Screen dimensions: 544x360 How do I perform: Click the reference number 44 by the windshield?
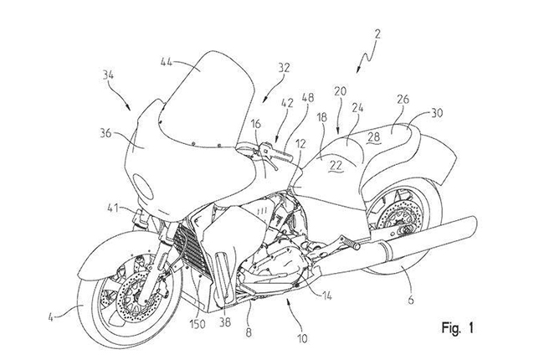(x=167, y=63)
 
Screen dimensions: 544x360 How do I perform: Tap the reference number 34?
(x=110, y=75)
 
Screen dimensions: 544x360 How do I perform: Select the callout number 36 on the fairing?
(x=105, y=133)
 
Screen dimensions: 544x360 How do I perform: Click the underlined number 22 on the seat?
(x=336, y=165)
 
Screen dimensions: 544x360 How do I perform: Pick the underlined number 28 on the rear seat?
(x=374, y=136)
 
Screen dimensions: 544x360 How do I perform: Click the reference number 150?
(x=197, y=324)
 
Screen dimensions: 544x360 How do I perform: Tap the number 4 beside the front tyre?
(x=50, y=316)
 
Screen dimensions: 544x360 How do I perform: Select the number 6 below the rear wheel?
(x=411, y=299)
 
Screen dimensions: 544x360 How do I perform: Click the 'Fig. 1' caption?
(x=457, y=327)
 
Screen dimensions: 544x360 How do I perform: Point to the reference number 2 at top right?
(x=377, y=34)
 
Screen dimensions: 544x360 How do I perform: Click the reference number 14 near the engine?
(x=326, y=296)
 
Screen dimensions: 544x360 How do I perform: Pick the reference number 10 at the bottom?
(x=302, y=338)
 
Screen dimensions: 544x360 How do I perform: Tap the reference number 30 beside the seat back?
(x=436, y=113)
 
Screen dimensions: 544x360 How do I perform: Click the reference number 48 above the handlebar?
(x=307, y=98)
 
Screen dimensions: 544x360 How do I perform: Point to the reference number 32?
(x=284, y=68)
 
